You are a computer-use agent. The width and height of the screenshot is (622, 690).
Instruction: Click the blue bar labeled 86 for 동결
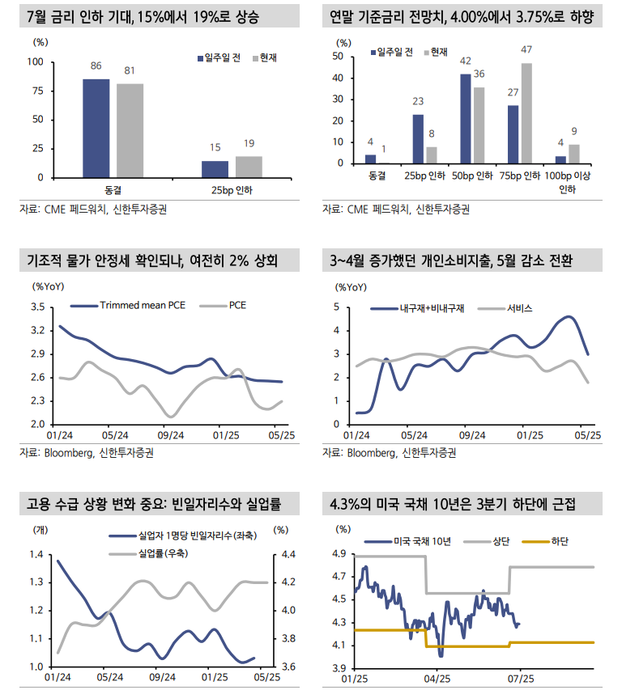96,128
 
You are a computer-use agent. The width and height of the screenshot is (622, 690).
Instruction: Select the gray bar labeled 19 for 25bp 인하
249,167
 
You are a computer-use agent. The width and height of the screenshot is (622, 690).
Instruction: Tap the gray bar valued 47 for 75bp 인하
526,113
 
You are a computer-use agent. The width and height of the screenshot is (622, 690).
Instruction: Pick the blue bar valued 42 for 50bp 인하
466,119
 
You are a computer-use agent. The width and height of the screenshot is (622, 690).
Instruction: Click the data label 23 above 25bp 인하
418,102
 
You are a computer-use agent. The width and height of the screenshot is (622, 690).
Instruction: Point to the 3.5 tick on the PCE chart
37,307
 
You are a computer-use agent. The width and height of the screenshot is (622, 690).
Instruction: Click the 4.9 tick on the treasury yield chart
337,554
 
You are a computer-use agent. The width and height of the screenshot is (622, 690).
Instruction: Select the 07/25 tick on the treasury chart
520,677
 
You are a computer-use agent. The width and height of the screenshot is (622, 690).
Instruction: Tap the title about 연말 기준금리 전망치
462,15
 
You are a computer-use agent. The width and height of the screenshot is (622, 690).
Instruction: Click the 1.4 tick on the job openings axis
37,554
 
